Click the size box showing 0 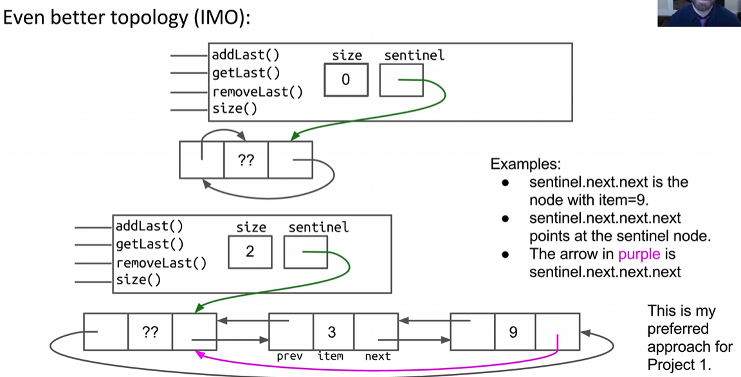point(346,80)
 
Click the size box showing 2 point(250,251)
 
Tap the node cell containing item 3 point(333,332)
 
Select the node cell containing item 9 point(513,332)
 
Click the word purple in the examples point(639,254)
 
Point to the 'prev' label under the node point(289,356)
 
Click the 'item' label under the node point(331,356)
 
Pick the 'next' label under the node point(378,356)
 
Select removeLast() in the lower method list point(161,263)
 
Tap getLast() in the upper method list point(246,73)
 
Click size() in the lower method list point(138,280)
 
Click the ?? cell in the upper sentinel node point(246,160)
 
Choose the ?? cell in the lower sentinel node point(151,332)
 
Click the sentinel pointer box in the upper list point(401,80)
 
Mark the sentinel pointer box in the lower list point(306,251)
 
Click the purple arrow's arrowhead point(199,353)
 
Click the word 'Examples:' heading point(521,164)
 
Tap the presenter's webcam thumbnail point(699,13)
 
